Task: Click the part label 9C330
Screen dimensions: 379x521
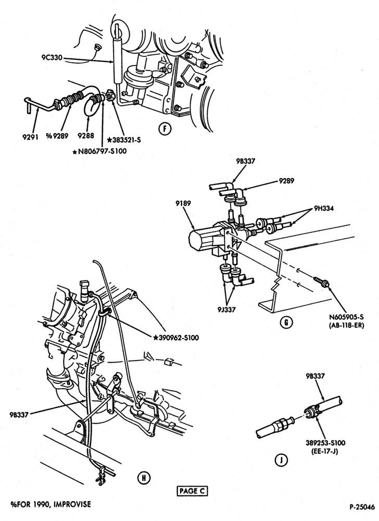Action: pyautogui.click(x=52, y=58)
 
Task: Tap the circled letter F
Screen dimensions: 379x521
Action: pyautogui.click(x=165, y=128)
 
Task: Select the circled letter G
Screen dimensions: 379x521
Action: pyautogui.click(x=286, y=322)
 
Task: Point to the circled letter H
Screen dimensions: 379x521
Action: pyautogui.click(x=144, y=478)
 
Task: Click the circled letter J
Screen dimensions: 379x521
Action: pyautogui.click(x=281, y=460)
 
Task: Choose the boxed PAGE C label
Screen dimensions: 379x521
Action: pyautogui.click(x=193, y=491)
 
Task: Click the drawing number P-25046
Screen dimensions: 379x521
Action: pyautogui.click(x=362, y=507)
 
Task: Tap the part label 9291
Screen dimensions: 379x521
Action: pyautogui.click(x=31, y=137)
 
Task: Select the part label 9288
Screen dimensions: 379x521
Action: pyautogui.click(x=85, y=136)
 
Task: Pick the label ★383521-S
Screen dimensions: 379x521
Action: pyautogui.click(x=124, y=140)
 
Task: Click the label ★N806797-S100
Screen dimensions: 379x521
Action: pyautogui.click(x=99, y=151)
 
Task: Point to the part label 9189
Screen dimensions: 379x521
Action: pyautogui.click(x=183, y=203)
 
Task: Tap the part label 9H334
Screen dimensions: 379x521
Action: pyautogui.click(x=324, y=209)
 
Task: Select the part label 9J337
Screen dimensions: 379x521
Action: pyautogui.click(x=226, y=309)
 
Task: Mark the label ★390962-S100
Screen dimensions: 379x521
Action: pyautogui.click(x=176, y=338)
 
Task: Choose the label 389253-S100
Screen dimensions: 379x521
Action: pyautogui.click(x=325, y=443)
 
